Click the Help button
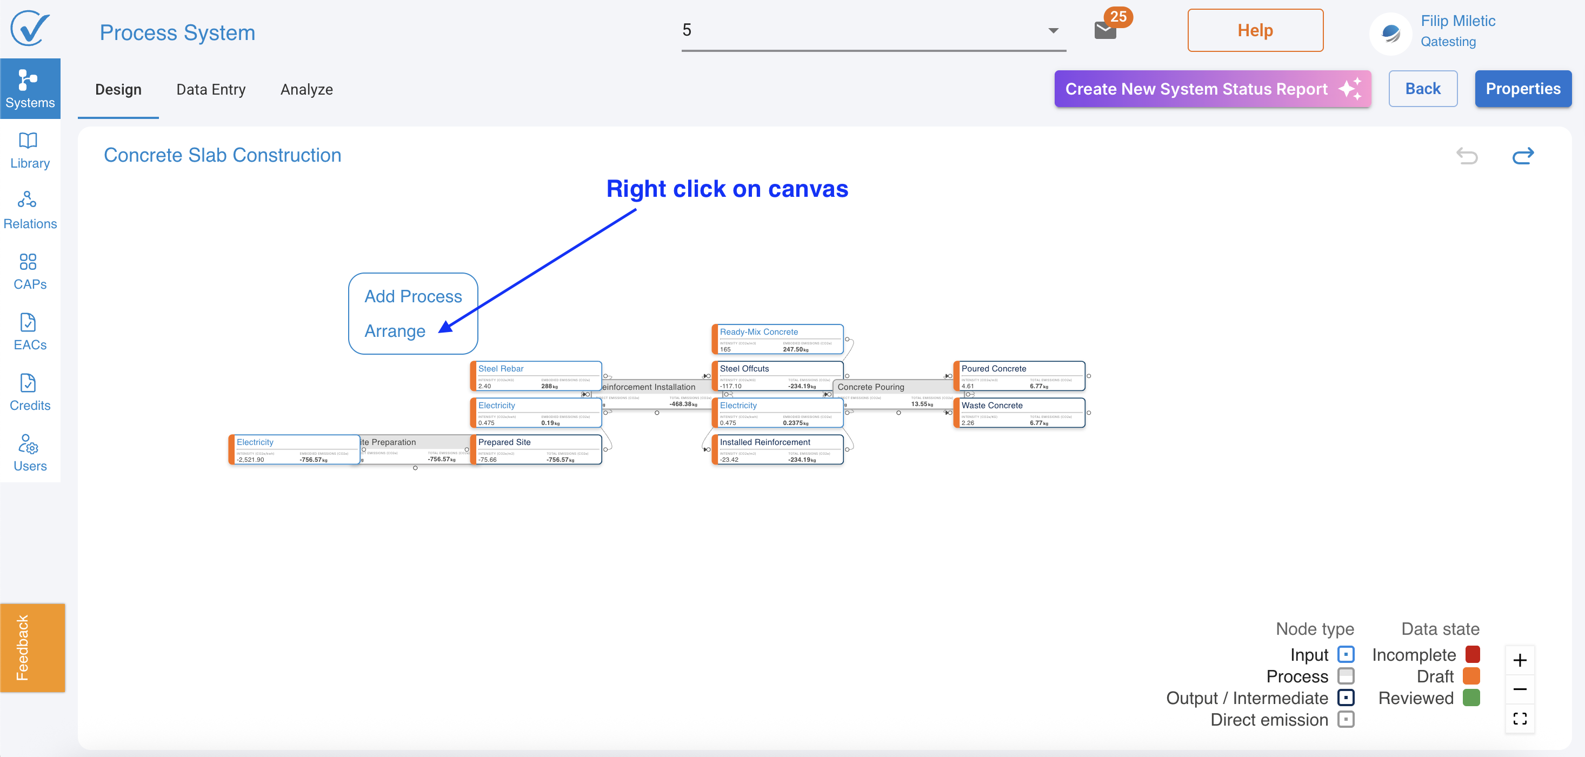(x=1255, y=30)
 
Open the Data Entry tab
(x=210, y=90)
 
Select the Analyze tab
(x=307, y=90)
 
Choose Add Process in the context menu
(x=413, y=297)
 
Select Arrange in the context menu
(x=395, y=331)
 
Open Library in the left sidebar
(x=30, y=151)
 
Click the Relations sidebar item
(x=30, y=211)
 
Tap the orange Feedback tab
(x=32, y=647)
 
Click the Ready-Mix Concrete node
(x=777, y=339)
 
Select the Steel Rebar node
(x=535, y=376)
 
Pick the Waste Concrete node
(x=1019, y=413)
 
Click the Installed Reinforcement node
(x=777, y=450)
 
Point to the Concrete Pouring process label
(x=871, y=387)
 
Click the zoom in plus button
(x=1519, y=660)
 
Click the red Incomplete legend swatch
(x=1473, y=654)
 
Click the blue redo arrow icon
(x=1523, y=156)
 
